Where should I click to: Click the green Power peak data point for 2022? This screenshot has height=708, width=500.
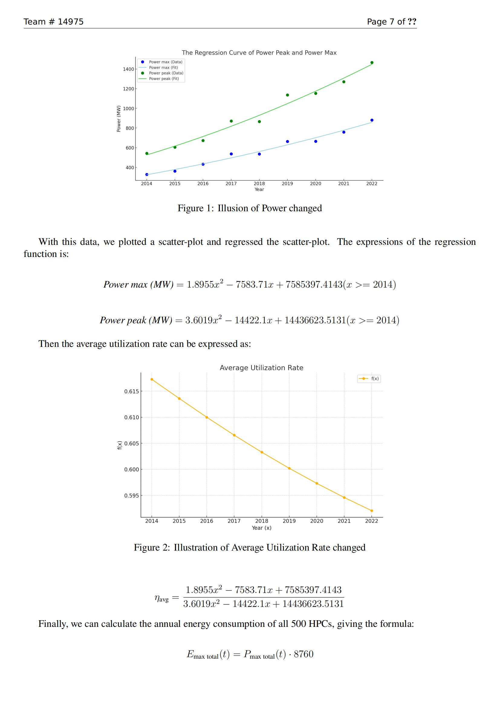point(372,63)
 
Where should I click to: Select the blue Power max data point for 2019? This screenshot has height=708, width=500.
point(287,142)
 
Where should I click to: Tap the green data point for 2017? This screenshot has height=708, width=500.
point(231,121)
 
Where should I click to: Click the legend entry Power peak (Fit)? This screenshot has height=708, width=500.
point(164,79)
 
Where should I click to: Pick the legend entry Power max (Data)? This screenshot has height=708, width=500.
point(166,62)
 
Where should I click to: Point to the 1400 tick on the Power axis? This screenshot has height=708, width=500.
point(128,69)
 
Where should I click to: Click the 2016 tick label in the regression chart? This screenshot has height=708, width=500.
point(203,183)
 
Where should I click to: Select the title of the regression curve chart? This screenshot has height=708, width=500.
point(259,53)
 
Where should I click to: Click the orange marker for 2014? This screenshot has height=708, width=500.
point(152,379)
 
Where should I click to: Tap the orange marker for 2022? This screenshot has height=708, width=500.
point(372,511)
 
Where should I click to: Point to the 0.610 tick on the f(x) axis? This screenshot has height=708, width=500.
point(131,417)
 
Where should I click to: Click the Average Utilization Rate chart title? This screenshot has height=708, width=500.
point(261,367)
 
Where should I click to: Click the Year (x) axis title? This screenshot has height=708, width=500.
point(261,528)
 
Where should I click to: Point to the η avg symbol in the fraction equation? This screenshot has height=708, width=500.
point(162,598)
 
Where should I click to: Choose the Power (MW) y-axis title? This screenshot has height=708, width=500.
point(119,119)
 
